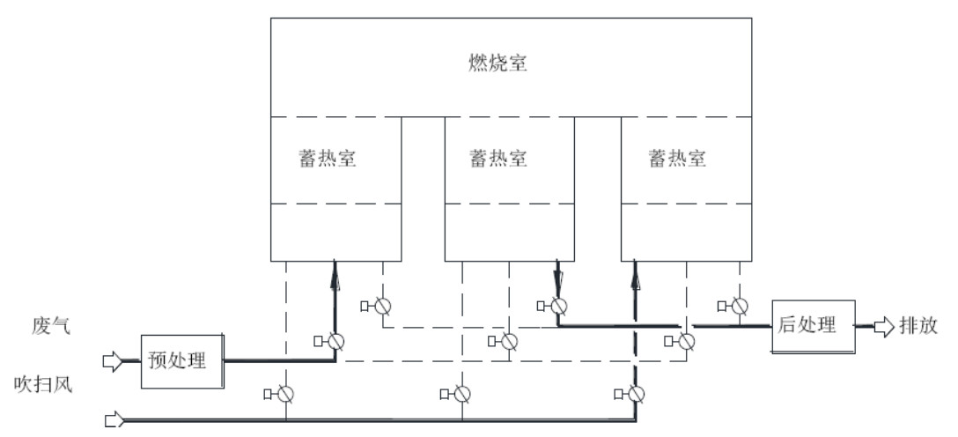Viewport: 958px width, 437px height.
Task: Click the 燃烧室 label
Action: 498,63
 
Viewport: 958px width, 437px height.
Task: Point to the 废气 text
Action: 47,327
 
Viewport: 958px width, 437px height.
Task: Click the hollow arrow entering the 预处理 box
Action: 114,359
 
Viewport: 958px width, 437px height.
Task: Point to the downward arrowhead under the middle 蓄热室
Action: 558,283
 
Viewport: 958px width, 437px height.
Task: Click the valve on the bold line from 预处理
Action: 335,341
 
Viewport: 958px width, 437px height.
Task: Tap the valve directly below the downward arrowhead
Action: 557,307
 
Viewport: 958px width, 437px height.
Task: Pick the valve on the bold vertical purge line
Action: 635,392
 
